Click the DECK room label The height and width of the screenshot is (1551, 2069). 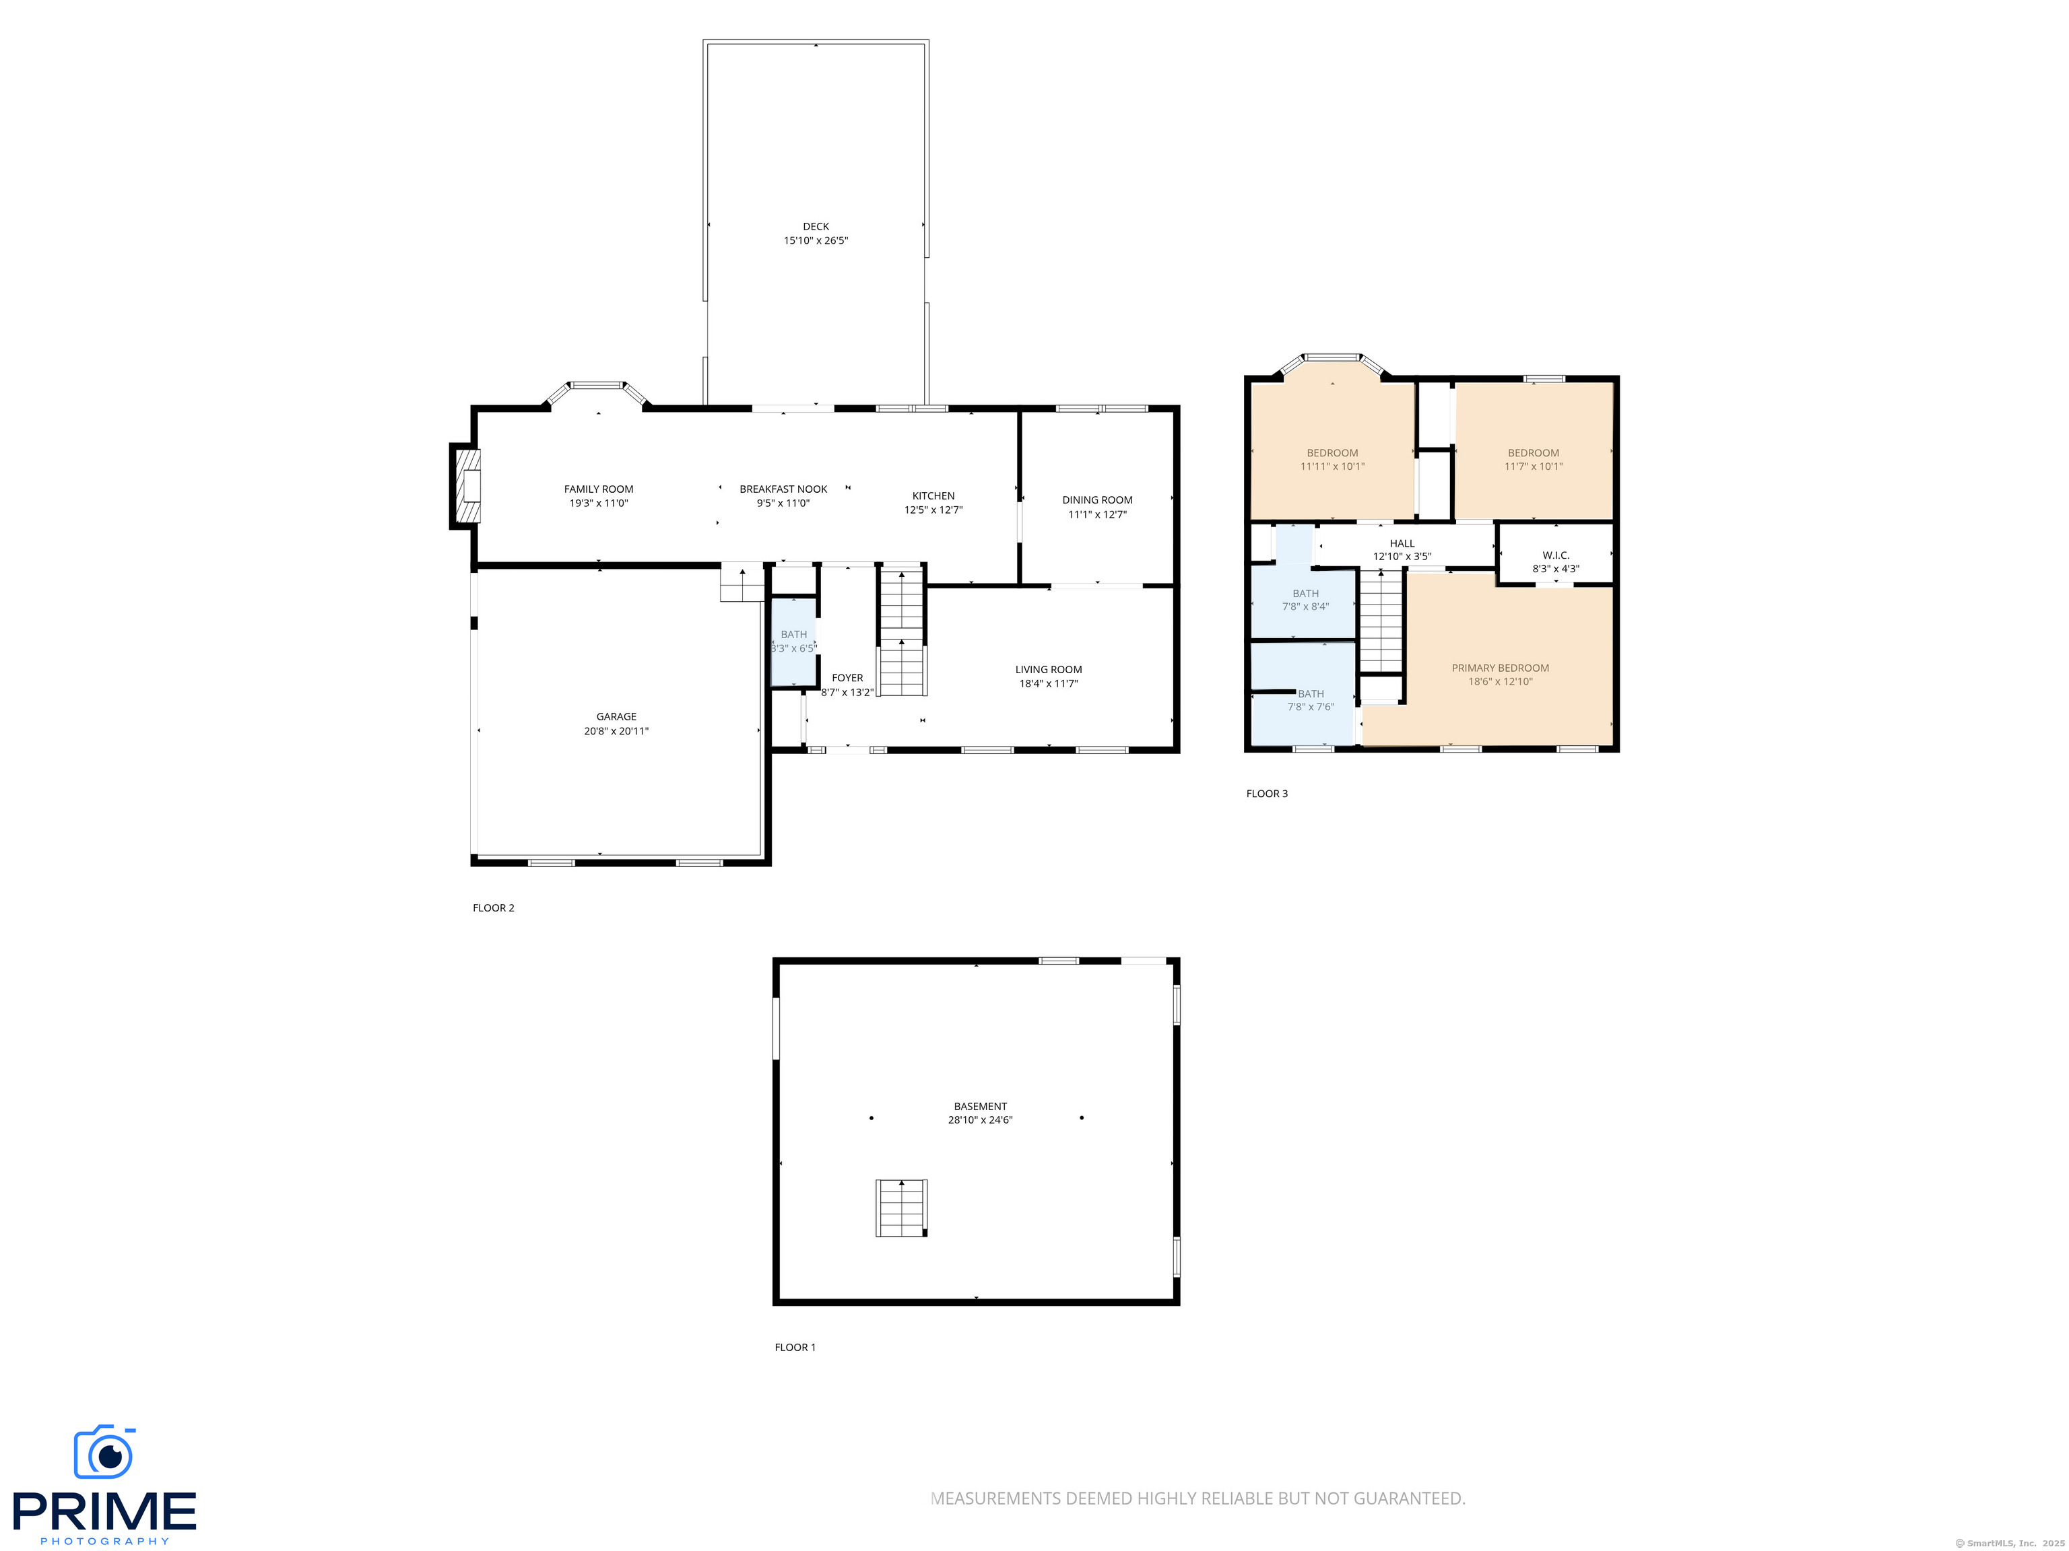point(816,226)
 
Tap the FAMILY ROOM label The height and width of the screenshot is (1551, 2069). point(599,489)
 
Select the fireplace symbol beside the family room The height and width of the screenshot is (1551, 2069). point(467,486)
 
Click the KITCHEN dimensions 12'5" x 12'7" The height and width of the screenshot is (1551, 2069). point(933,510)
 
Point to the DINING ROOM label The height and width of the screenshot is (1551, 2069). point(1097,500)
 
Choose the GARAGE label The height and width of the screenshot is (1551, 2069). point(616,717)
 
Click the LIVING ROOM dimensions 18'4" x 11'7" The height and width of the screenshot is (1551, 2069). point(1049,683)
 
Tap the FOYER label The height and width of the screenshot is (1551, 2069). point(847,678)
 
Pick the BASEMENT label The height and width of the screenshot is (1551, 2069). point(980,1106)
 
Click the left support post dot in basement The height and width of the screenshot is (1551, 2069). point(872,1118)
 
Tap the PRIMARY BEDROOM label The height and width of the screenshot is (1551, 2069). point(1501,668)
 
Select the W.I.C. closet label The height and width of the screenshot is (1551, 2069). point(1556,555)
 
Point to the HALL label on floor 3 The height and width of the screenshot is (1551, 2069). point(1402,543)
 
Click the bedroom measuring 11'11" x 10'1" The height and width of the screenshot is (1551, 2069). point(1332,459)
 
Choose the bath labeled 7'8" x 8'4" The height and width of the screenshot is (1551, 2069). point(1305,599)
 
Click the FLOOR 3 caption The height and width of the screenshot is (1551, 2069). point(1266,794)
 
